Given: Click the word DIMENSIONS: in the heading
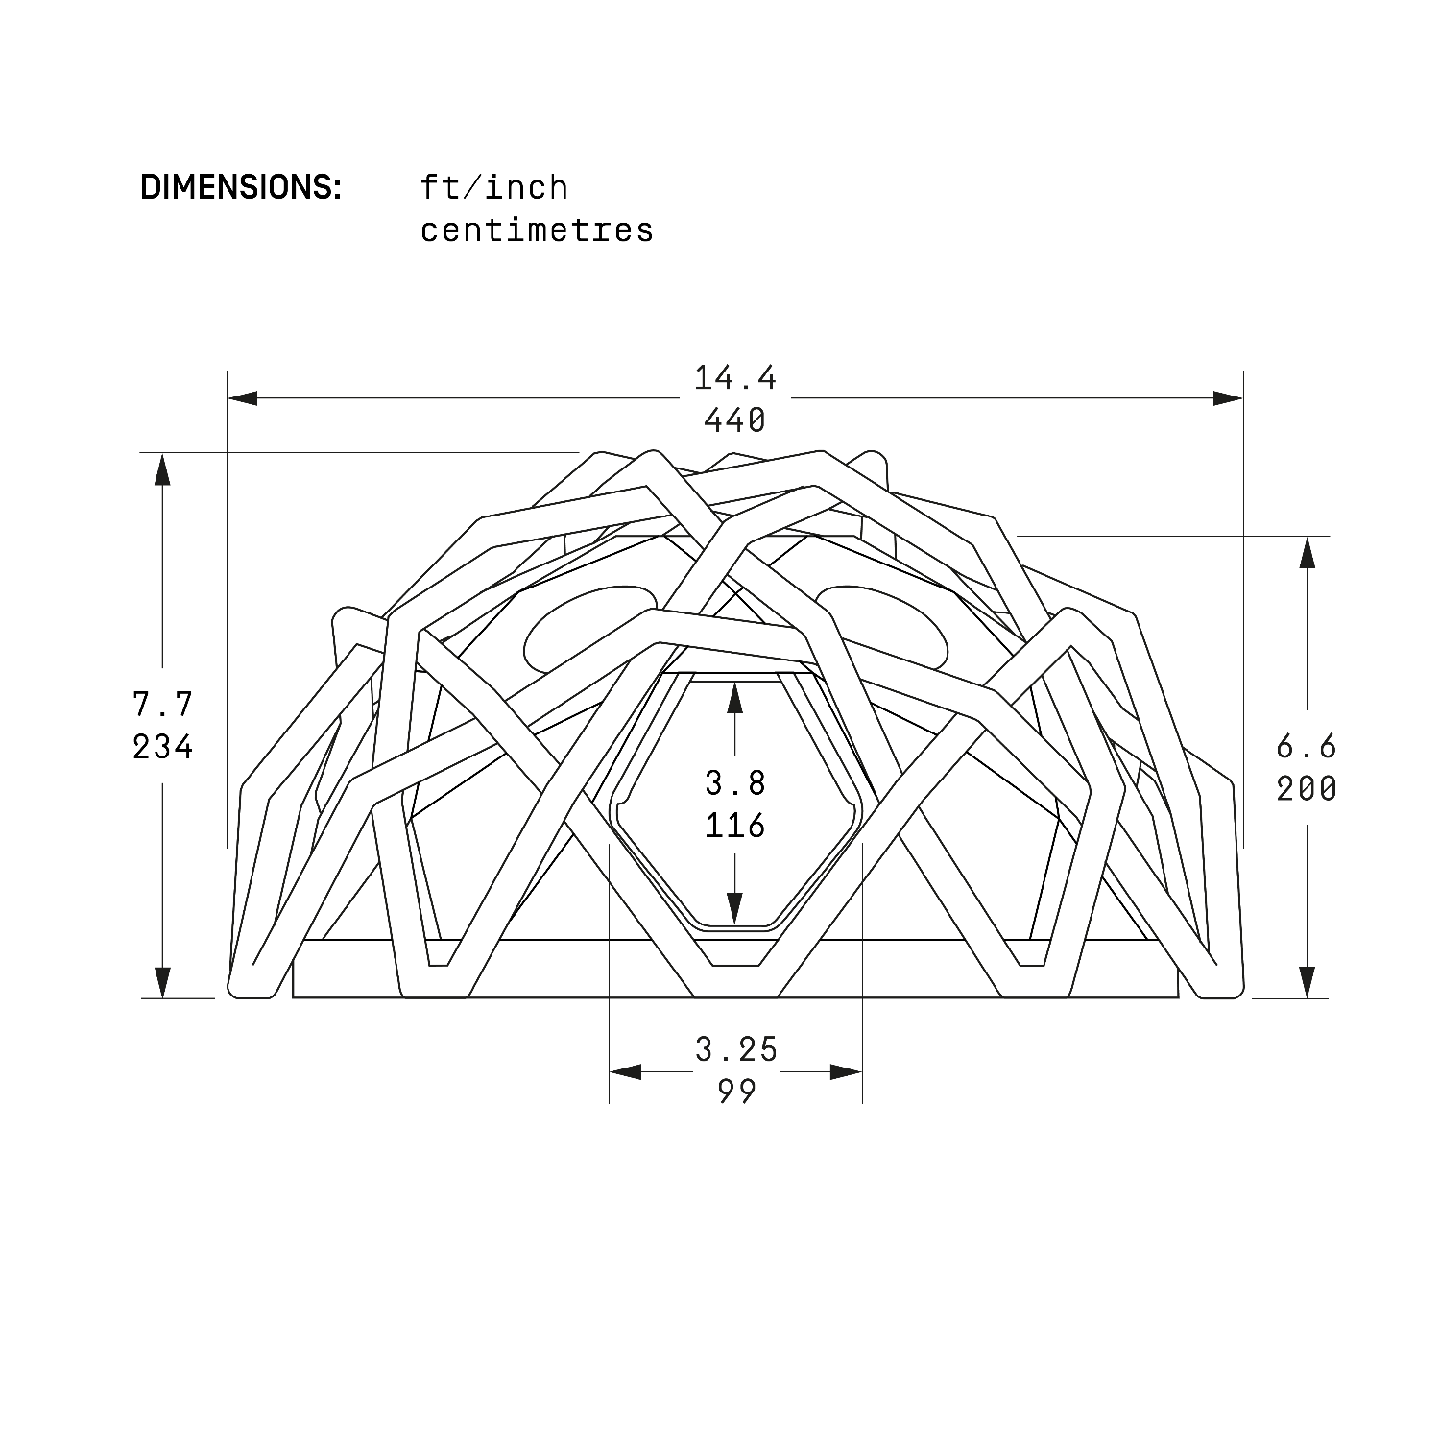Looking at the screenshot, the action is point(241,187).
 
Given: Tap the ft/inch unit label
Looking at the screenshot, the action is point(494,187).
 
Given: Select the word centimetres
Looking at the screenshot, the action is point(538,230).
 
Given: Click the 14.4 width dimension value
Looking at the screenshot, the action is point(735,378).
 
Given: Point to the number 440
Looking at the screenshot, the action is point(735,420).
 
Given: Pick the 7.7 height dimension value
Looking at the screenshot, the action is point(163,705).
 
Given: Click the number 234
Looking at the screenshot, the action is point(163,747).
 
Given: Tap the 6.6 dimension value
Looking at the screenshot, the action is point(1307,747).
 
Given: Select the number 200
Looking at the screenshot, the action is point(1307,789).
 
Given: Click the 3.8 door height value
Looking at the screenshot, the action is point(735,783).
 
